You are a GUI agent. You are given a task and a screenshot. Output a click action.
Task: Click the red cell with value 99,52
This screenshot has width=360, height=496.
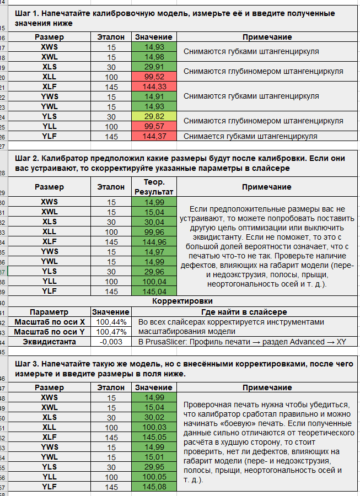pyautogui.click(x=154, y=77)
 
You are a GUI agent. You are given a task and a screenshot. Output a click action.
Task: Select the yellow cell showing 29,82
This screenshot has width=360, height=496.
pyautogui.click(x=154, y=116)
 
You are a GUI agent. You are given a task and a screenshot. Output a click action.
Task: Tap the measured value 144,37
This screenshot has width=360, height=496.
pyautogui.click(x=154, y=136)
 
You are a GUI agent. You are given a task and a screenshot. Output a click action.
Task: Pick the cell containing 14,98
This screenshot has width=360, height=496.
pyautogui.click(x=154, y=57)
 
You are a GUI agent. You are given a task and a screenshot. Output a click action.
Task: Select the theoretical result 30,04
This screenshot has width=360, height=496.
pyautogui.click(x=154, y=222)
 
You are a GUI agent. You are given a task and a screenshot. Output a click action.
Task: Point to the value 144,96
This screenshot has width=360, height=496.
pyautogui.click(x=154, y=241)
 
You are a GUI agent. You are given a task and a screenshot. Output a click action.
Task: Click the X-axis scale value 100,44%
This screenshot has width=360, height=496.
pyautogui.click(x=111, y=322)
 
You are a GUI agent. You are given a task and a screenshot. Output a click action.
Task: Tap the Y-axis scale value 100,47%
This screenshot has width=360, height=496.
pyautogui.click(x=111, y=332)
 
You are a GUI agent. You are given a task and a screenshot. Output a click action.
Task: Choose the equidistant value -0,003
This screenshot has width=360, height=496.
pyautogui.click(x=111, y=342)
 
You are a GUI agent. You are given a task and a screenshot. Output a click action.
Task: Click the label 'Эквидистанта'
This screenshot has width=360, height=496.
pyautogui.click(x=50, y=342)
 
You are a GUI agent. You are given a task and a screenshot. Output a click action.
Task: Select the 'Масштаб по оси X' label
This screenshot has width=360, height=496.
pyautogui.click(x=50, y=322)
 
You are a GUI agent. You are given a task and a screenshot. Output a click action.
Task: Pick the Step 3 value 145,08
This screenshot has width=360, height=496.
pyautogui.click(x=154, y=487)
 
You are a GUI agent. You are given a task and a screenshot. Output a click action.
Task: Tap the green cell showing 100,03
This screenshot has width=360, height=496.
pyautogui.click(x=154, y=427)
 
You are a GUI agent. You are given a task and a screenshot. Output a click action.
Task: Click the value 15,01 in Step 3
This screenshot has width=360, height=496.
pyautogui.click(x=154, y=457)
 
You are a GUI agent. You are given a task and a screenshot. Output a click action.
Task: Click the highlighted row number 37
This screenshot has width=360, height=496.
pyautogui.click(x=4, y=271)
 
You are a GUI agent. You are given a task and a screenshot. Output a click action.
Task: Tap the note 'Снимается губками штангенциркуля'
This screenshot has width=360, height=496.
pyautogui.click(x=251, y=136)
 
